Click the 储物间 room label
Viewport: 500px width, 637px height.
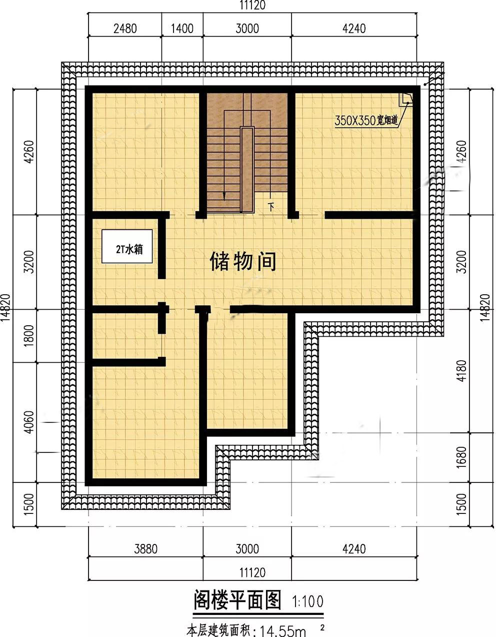point(243,262)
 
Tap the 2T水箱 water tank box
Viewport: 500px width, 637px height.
point(127,246)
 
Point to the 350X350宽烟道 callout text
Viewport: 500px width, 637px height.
point(366,120)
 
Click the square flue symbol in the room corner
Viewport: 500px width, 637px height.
point(407,99)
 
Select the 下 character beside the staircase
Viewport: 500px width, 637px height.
point(271,207)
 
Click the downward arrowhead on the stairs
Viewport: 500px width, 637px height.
point(224,197)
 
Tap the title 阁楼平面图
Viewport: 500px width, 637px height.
point(237,600)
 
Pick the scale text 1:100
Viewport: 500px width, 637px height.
point(307,601)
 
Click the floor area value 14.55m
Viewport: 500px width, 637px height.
point(282,631)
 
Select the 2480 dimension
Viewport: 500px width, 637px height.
point(125,29)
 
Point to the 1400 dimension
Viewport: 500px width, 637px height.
point(182,29)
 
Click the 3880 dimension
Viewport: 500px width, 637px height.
point(146,549)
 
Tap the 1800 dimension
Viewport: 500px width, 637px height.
point(29,336)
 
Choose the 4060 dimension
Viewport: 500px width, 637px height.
point(29,422)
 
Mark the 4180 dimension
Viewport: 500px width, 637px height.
point(461,371)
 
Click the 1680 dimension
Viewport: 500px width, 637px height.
point(461,457)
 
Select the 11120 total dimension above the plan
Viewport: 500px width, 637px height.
point(252,6)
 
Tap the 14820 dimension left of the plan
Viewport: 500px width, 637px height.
point(5,307)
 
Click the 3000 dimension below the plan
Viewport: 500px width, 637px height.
point(247,549)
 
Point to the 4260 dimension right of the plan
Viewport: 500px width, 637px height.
point(461,152)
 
